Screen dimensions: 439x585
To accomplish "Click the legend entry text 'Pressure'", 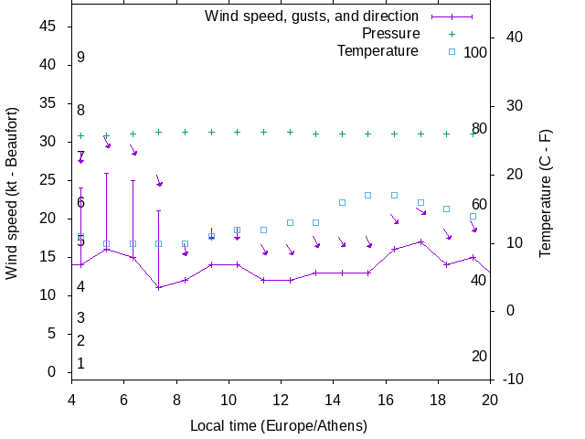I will click(390, 34).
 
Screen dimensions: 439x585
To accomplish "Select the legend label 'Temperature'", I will click(378, 50).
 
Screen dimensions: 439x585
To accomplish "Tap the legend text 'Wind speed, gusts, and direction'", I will click(312, 16).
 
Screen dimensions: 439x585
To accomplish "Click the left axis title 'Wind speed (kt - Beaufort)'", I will click(13, 202).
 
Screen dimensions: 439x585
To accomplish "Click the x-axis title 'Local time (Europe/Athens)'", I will click(278, 426).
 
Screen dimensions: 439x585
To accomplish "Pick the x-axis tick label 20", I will click(490, 399).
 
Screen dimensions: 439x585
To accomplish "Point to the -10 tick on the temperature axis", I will click(515, 379).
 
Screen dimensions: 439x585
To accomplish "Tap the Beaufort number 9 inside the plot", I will click(80, 58).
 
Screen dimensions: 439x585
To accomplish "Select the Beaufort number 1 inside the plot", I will click(80, 364).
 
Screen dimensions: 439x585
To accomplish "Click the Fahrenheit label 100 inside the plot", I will click(475, 53).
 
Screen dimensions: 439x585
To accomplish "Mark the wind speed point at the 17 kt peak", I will click(420, 241).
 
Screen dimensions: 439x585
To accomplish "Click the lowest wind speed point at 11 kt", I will click(158, 288).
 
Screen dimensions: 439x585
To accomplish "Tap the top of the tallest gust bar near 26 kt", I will click(106, 173).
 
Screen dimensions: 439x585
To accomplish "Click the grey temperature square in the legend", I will click(451, 51).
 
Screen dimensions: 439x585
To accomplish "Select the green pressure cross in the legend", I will click(451, 34).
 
